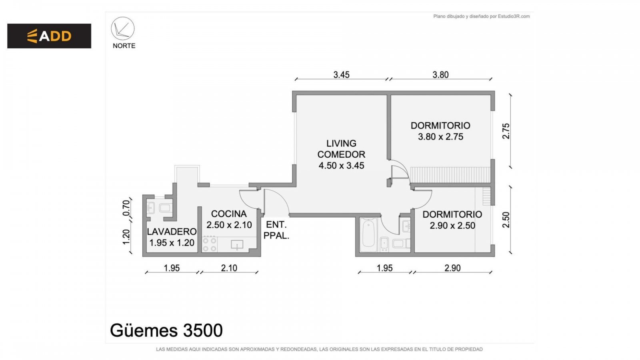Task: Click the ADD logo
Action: [x=49, y=36]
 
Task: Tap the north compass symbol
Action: [x=122, y=28]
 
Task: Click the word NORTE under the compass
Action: [x=124, y=46]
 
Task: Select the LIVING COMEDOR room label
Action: [x=341, y=149]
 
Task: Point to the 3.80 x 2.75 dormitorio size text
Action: [x=440, y=137]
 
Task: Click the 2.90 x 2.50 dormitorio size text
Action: [x=452, y=226]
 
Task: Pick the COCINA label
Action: [x=228, y=214]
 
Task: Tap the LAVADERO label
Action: [x=172, y=232]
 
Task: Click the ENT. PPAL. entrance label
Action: [x=276, y=230]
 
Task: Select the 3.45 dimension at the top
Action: [x=341, y=75]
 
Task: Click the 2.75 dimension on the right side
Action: [x=506, y=131]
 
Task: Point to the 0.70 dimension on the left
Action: [x=126, y=208]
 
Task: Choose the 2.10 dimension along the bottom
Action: [x=229, y=268]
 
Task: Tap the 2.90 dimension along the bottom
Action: [x=452, y=268]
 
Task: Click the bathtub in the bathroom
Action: [x=368, y=235]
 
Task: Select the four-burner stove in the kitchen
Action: [x=210, y=244]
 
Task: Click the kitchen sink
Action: [x=237, y=245]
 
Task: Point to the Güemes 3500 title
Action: [x=166, y=330]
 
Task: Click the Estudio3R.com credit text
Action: [x=514, y=16]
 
